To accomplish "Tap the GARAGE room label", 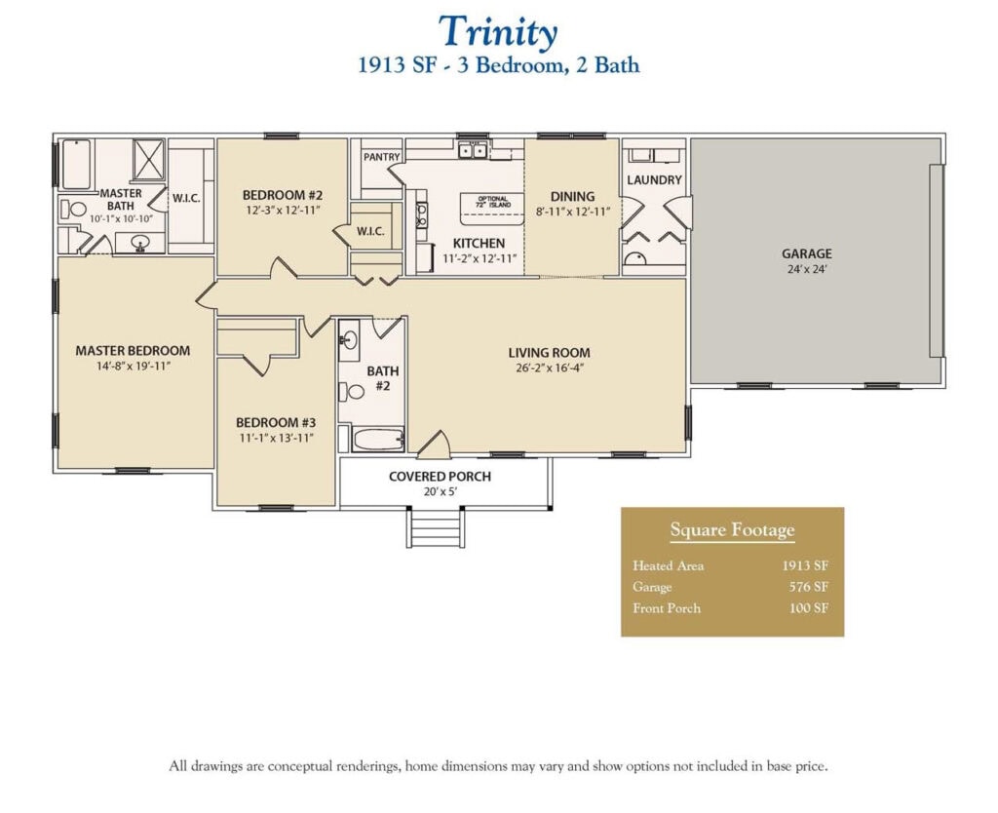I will click(806, 253).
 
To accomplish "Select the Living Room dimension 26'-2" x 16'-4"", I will click(549, 368).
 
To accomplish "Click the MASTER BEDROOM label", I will click(133, 351).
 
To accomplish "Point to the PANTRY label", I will click(381, 156).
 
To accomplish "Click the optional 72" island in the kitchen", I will click(493, 206).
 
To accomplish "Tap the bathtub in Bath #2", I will click(377, 440).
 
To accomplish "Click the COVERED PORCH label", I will click(440, 477).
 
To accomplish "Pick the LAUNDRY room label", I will click(654, 179).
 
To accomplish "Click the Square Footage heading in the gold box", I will click(732, 531).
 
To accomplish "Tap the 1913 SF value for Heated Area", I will click(805, 565).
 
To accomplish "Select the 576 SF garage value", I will click(808, 587).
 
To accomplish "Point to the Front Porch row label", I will click(667, 608).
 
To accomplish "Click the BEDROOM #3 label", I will click(276, 422).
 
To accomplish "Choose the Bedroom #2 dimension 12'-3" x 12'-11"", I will click(282, 210).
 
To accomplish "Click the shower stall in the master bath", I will click(148, 160).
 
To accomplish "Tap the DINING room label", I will click(572, 196).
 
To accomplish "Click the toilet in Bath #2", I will click(345, 392).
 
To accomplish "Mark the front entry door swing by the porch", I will click(435, 445).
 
